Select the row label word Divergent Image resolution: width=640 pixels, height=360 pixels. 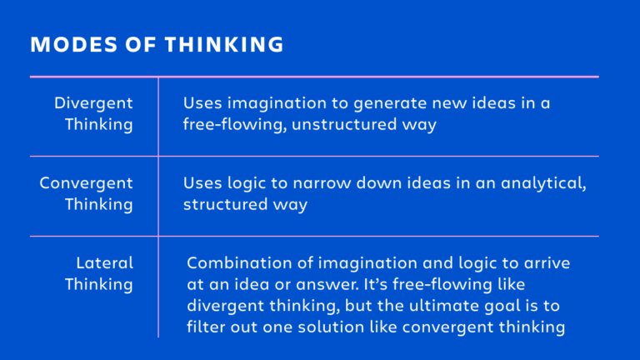pyautogui.click(x=93, y=102)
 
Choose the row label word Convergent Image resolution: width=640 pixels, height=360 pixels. pyautogui.click(x=86, y=182)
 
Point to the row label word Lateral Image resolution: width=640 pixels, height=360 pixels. pyautogui.click(x=104, y=262)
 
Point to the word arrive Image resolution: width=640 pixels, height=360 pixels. pyautogui.click(x=547, y=262)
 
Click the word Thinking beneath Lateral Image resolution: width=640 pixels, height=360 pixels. pyautogui.click(x=98, y=284)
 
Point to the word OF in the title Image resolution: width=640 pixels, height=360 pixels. pyautogui.click(x=127, y=45)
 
